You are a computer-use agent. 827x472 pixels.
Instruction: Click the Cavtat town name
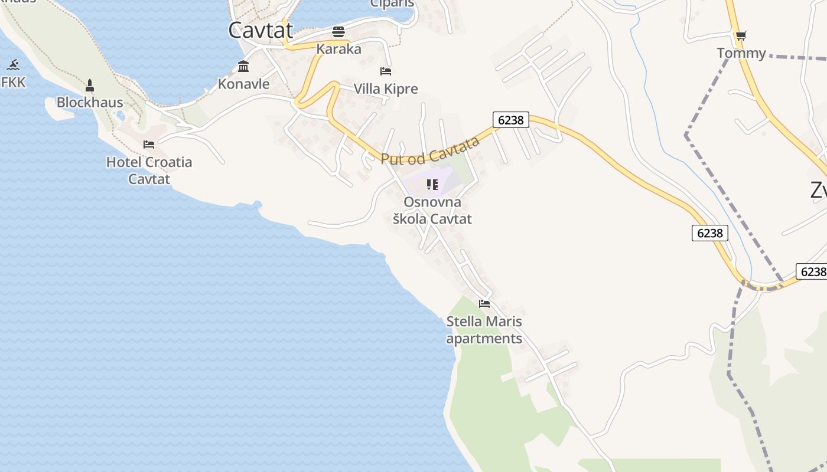point(261,30)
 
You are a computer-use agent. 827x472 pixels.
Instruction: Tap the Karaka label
point(338,49)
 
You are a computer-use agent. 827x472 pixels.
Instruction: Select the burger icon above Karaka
point(338,31)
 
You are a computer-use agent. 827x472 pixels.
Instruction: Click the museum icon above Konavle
point(243,66)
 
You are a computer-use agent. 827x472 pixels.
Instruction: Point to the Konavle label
point(243,84)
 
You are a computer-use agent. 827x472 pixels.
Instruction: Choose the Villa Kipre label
point(385,89)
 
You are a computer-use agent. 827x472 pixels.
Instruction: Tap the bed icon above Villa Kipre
point(386,71)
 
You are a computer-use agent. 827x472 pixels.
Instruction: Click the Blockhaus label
point(90,102)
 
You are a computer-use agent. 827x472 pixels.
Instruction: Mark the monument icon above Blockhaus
point(90,85)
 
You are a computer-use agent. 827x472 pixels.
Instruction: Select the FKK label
point(14,83)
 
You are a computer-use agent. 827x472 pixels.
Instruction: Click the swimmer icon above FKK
point(14,65)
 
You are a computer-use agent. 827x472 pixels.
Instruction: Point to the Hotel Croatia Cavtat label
point(149,170)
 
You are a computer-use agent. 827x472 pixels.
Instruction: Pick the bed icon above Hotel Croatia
point(149,144)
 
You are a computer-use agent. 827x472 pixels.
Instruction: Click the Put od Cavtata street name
point(430,150)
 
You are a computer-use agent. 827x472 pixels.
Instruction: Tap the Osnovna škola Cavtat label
point(432,211)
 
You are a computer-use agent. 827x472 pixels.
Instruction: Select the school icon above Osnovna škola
point(432,185)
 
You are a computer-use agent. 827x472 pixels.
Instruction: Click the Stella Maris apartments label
point(484,330)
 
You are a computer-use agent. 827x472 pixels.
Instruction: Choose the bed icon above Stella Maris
point(484,304)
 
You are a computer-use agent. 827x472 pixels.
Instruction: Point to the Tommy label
point(741,53)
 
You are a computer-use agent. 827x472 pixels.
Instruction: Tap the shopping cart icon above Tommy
point(741,35)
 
